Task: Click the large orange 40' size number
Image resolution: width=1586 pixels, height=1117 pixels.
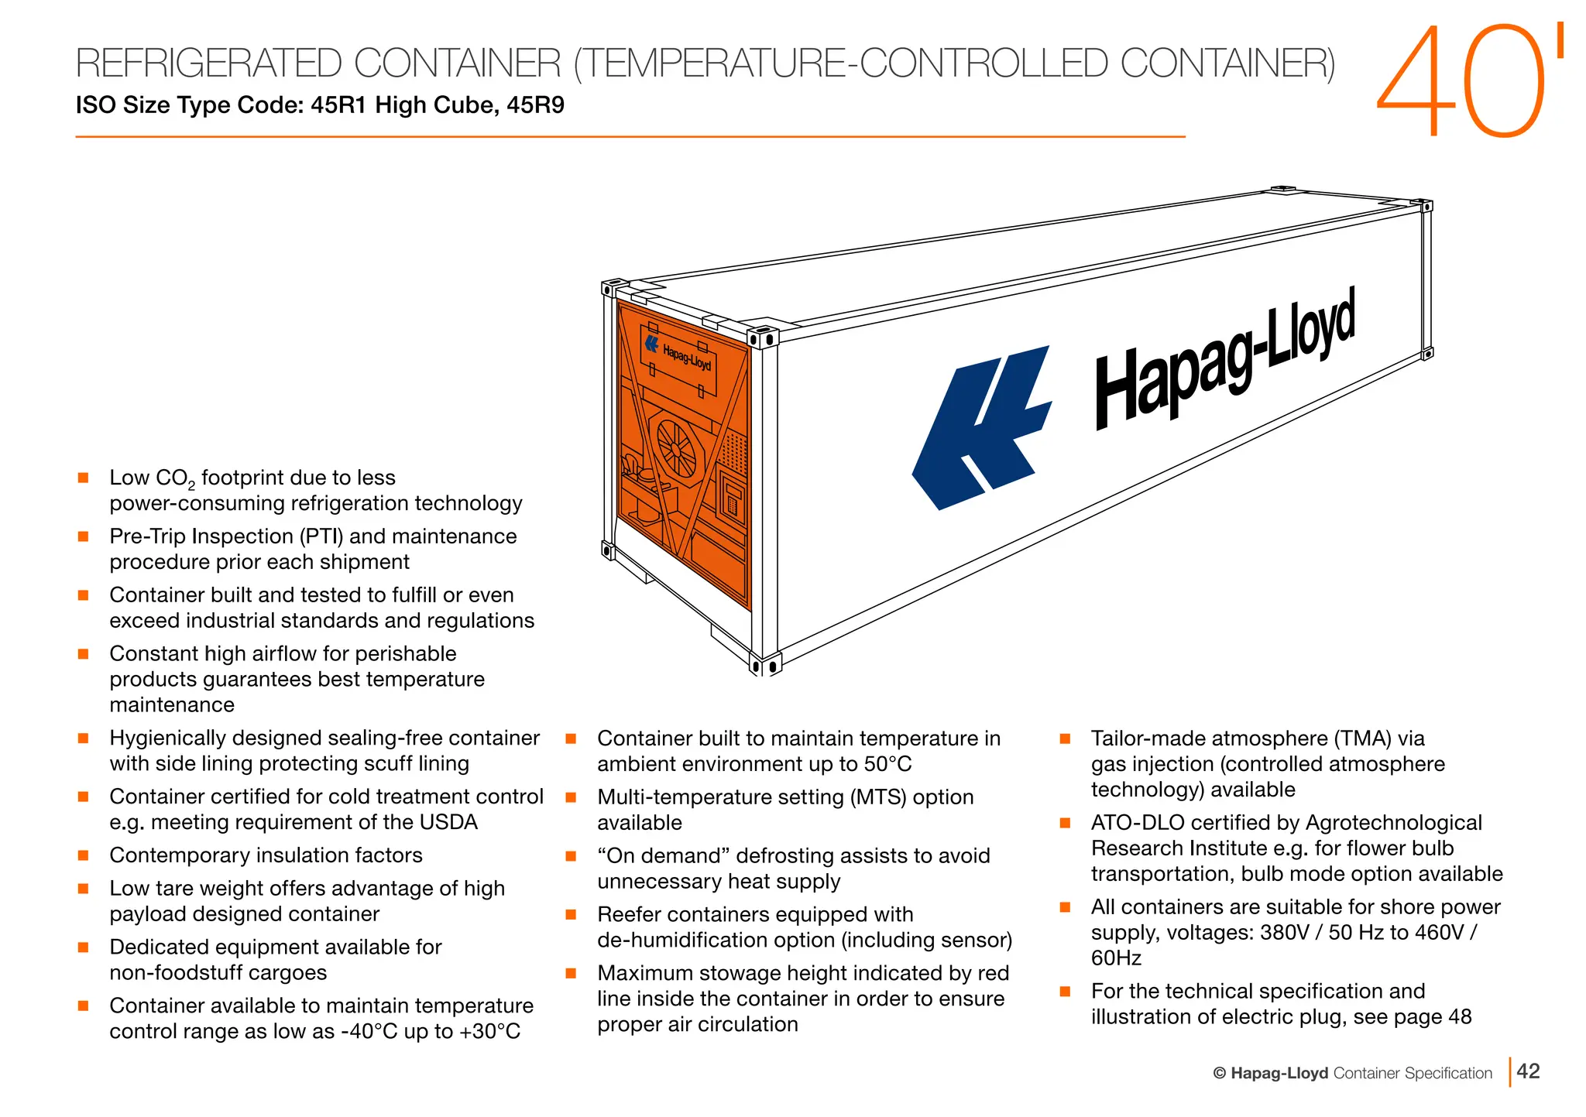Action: pyautogui.click(x=1468, y=81)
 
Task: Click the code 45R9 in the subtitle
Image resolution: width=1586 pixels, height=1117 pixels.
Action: pyautogui.click(x=535, y=105)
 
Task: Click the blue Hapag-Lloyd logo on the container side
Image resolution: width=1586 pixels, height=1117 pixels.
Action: pyautogui.click(x=982, y=428)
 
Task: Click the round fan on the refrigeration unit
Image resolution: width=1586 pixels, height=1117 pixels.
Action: pyautogui.click(x=676, y=448)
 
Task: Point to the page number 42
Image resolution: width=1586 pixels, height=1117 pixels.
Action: pyautogui.click(x=1528, y=1071)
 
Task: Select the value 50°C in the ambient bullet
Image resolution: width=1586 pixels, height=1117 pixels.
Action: pyautogui.click(x=887, y=764)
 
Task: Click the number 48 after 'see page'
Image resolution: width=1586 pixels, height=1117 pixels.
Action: pyautogui.click(x=1459, y=1017)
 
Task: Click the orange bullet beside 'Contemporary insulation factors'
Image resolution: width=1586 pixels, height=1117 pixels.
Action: pyautogui.click(x=84, y=855)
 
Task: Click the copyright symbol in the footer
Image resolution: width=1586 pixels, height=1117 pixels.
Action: pyautogui.click(x=1220, y=1074)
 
